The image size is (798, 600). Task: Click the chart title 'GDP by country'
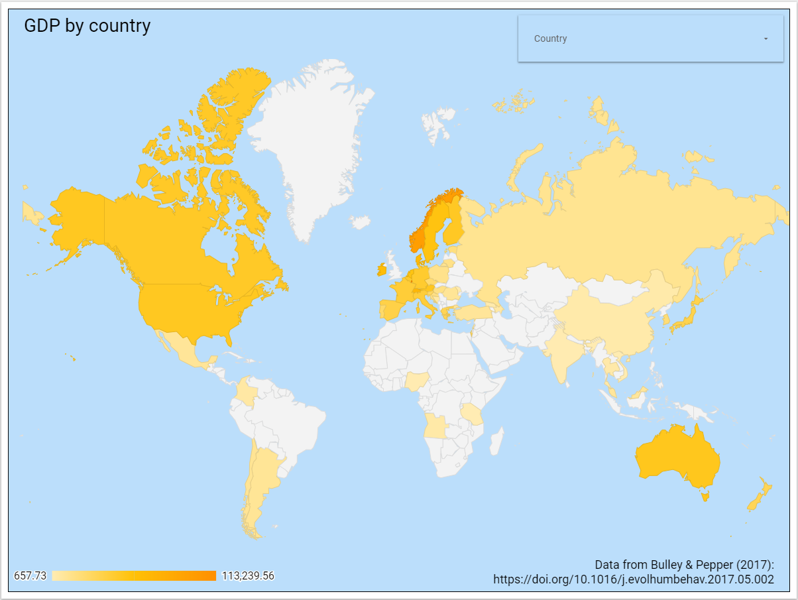[x=87, y=26]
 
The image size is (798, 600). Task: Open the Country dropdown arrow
[x=766, y=39]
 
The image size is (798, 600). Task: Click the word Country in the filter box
[x=551, y=39]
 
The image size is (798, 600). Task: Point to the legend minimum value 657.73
[x=30, y=575]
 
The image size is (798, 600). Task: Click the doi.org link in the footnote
[x=634, y=579]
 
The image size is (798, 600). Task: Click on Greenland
[x=312, y=146]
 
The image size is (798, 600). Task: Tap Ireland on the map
[x=382, y=270]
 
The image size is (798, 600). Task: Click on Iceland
[x=361, y=221]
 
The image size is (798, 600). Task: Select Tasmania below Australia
[x=705, y=494]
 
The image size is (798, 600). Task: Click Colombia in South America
[x=247, y=392]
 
